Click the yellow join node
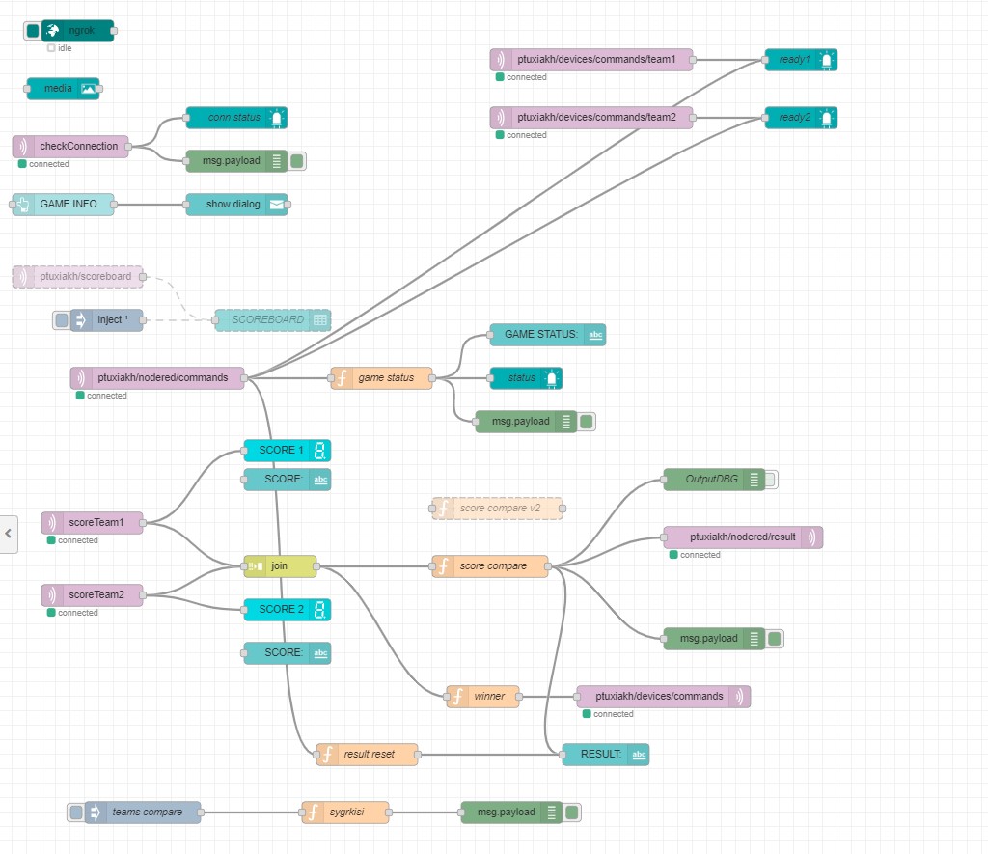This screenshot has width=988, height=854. tap(280, 566)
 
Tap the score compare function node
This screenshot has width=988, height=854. tap(490, 566)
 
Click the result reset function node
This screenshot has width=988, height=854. tap(368, 755)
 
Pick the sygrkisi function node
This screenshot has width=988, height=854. tap(345, 813)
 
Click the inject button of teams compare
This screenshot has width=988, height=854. tap(76, 813)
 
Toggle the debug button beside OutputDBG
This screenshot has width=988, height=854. tap(770, 480)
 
